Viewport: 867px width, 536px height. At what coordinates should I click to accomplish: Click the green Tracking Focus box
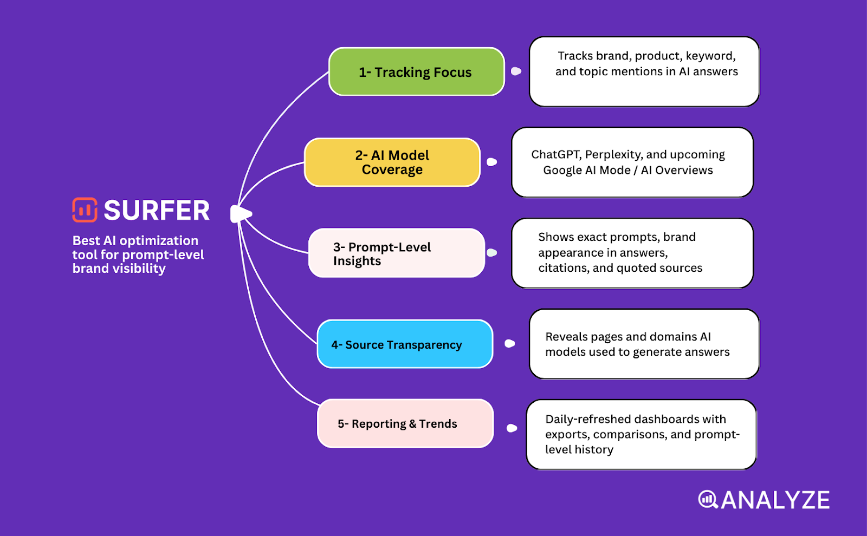tap(416, 72)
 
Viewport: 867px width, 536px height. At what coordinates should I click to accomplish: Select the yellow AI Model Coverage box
tap(392, 162)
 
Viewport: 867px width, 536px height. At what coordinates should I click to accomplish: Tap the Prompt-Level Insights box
tap(396, 253)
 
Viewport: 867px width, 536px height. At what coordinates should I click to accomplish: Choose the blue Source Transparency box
tap(404, 344)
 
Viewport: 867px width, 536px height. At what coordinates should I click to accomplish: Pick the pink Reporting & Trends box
tap(405, 423)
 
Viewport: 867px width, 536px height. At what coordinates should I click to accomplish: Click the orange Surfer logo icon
tap(85, 210)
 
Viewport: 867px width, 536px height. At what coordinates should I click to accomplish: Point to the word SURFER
tap(157, 211)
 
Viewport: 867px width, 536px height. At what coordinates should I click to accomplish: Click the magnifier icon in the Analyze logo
tap(708, 499)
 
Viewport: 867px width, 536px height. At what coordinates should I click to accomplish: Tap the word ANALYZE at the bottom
tap(775, 500)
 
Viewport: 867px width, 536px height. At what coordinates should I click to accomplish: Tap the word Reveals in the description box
tap(566, 337)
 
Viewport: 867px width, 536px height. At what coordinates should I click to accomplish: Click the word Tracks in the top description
tap(575, 56)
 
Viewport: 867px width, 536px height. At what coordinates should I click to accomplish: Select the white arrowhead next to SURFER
tap(241, 214)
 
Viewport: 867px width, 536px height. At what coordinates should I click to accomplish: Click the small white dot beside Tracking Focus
tap(516, 71)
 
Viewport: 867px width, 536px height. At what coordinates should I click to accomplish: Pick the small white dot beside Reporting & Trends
tap(512, 428)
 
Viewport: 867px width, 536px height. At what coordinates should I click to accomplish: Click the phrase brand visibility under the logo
tap(119, 269)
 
